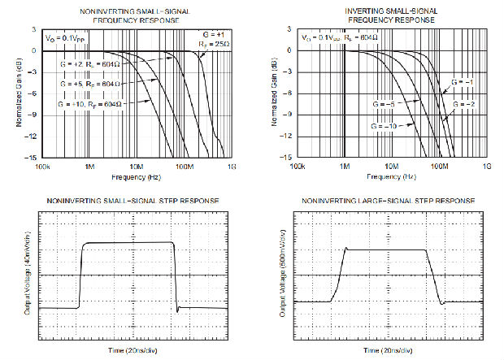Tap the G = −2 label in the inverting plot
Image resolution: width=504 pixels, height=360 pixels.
[x=464, y=104]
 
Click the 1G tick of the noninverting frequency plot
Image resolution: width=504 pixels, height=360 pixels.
[x=232, y=165]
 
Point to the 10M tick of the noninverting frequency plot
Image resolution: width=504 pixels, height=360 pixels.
[x=138, y=165]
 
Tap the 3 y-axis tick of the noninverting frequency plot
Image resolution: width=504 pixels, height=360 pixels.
[x=33, y=29]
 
